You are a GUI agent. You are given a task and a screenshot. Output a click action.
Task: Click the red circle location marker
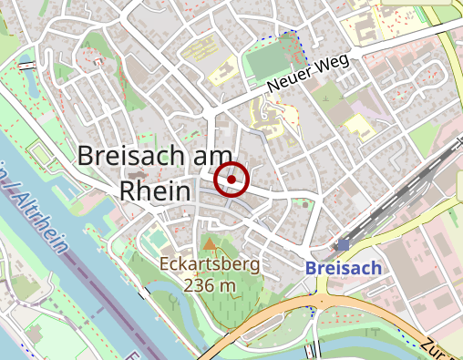pyautogui.click(x=232, y=180)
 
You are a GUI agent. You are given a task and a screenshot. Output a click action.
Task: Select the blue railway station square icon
pyautogui.click(x=343, y=245)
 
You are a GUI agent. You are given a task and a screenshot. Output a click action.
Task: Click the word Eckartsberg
pyautogui.click(x=209, y=265)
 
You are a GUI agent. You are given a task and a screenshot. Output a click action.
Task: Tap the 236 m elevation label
pyautogui.click(x=210, y=285)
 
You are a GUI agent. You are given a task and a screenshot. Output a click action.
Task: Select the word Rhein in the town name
pyautogui.click(x=155, y=191)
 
